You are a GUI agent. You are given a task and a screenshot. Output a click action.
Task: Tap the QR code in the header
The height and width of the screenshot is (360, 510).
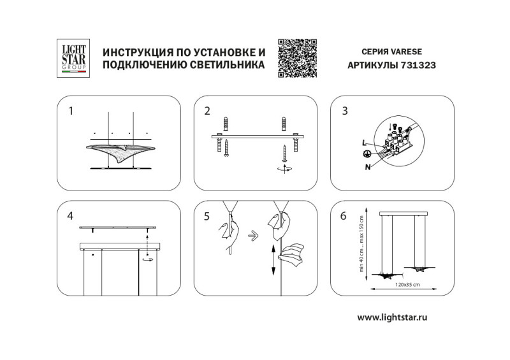tap(298, 58)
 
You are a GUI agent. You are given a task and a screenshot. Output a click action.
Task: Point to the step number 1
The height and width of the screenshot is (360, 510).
tap(71, 111)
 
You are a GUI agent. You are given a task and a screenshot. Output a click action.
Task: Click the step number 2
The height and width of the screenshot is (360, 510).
tap(207, 111)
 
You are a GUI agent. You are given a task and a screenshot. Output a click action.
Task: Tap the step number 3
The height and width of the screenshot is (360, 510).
tap(344, 111)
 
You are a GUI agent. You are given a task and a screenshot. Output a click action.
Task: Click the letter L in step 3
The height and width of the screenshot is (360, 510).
tap(363, 143)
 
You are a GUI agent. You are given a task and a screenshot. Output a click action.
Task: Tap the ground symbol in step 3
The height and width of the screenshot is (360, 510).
tap(367, 154)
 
